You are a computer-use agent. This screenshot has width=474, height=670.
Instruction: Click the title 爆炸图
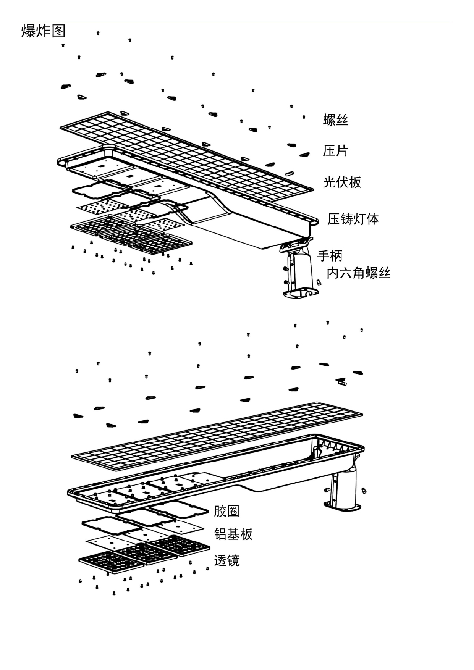point(43,31)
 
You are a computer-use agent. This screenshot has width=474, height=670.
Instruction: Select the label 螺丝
point(335,120)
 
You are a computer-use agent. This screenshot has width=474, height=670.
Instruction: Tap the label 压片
point(335,151)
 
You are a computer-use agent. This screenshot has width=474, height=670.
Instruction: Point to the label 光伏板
point(342,182)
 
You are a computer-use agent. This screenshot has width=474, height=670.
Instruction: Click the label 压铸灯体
point(353,219)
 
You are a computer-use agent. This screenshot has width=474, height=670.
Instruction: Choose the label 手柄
point(330,255)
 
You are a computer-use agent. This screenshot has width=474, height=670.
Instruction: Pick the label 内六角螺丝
point(358,273)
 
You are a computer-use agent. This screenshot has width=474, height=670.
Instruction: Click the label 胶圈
point(226,511)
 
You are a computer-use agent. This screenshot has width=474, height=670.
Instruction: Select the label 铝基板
point(233,534)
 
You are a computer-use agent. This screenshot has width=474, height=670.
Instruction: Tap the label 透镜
point(226,561)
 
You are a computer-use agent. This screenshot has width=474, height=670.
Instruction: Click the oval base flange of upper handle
point(301,294)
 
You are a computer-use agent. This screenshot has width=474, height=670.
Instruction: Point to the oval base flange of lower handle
point(343,507)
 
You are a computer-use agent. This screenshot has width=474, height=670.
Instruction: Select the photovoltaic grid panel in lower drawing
point(218,435)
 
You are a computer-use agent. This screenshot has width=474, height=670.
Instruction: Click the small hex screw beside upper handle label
point(319,283)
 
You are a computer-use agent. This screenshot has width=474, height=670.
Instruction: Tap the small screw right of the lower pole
point(364,490)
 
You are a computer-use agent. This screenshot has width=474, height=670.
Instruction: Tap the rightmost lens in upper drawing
point(160,245)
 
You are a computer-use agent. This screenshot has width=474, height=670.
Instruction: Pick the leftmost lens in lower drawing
point(111,562)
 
